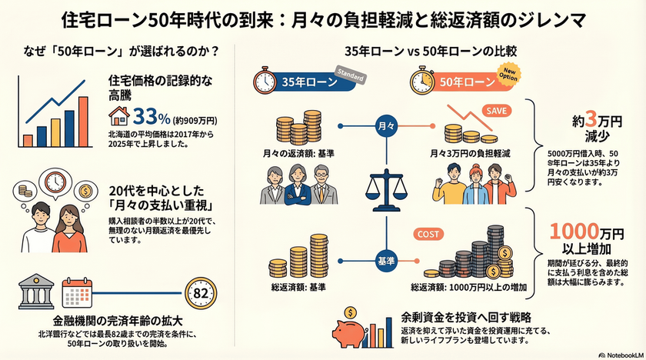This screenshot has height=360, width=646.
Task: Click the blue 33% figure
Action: [x=151, y=117]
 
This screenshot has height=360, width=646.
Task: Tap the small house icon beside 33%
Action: [x=120, y=117]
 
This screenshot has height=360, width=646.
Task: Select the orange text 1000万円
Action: [x=578, y=232]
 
